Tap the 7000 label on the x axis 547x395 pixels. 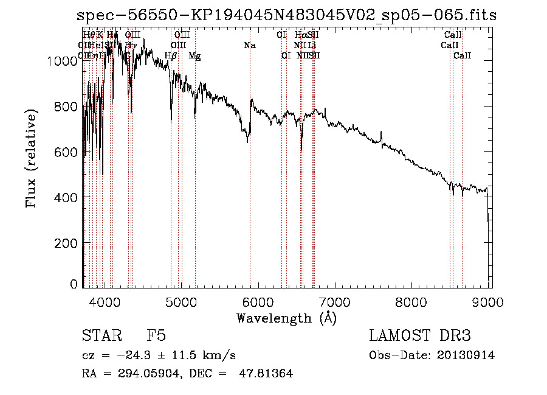tap(335, 300)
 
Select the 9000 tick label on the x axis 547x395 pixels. tap(489, 300)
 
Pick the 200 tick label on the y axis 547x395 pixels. tap(67, 243)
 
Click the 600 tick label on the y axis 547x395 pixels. tap(67, 152)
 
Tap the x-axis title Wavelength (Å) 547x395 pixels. tap(287, 318)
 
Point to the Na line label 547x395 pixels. tap(250, 45)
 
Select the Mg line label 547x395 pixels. tap(194, 56)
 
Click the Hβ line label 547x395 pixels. tap(171, 56)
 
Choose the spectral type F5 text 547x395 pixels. tap(156, 337)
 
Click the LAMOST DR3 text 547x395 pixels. tap(419, 337)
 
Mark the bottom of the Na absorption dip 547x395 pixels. tap(247, 142)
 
